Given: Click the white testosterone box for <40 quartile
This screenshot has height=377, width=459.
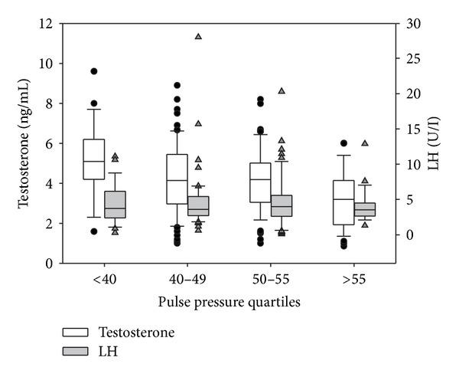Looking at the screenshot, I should [93, 159].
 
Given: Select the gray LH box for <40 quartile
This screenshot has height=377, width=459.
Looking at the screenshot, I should [114, 204].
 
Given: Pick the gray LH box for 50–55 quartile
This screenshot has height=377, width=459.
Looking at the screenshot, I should [281, 205].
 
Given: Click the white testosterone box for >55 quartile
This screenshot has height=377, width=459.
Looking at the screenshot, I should [343, 202].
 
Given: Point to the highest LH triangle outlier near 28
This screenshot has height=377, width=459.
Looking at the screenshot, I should [198, 37].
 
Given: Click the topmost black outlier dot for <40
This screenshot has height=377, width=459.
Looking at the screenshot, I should [93, 71].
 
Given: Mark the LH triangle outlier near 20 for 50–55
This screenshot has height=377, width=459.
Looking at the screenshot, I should [282, 90].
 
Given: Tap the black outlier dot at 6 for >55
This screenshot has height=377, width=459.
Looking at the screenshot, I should [343, 143].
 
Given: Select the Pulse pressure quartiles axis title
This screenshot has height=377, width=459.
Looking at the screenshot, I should [229, 302].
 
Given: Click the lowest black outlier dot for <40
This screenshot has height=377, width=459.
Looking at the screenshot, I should [93, 231].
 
